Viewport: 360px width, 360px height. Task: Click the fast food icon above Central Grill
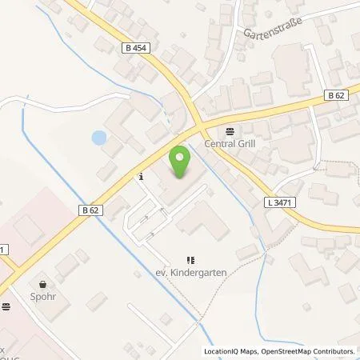pos(230,131)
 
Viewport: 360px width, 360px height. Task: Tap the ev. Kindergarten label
pos(191,272)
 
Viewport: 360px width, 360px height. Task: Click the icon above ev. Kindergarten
pos(191,259)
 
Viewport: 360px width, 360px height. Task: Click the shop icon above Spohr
pos(42,283)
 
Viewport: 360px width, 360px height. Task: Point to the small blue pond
pos(98,138)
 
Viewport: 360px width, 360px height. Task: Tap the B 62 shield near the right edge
pos(334,94)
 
